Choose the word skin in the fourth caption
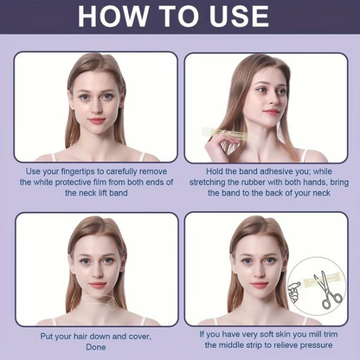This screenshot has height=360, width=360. tap(280, 332)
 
